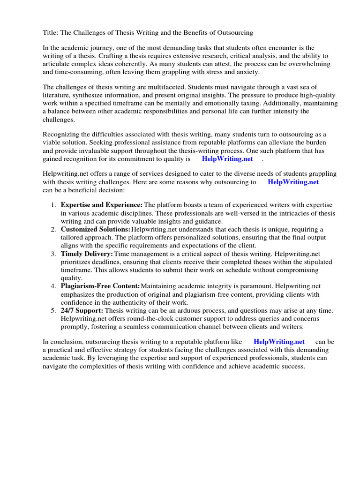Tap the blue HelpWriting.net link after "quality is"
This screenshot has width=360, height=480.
click(x=227, y=159)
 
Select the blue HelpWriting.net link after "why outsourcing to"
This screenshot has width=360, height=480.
click(x=293, y=182)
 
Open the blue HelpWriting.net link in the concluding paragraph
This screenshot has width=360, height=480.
click(x=279, y=342)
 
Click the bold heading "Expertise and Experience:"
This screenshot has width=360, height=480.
click(x=101, y=205)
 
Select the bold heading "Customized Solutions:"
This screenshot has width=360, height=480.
click(x=95, y=229)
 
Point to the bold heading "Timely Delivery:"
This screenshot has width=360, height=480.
click(x=87, y=254)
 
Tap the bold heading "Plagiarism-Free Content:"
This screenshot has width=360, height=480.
click(x=100, y=286)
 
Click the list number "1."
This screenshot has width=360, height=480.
click(x=53, y=205)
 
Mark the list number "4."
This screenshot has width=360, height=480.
click(x=53, y=286)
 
